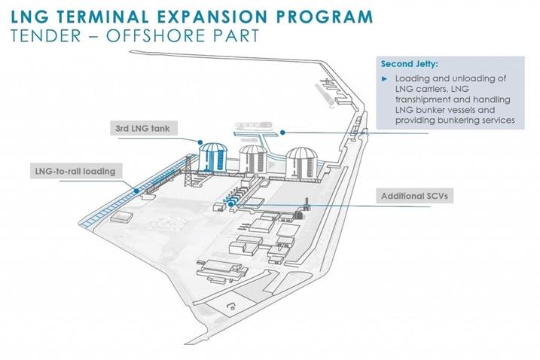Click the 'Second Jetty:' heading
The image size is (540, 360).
pos(407,63)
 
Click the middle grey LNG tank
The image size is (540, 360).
pos(253,160)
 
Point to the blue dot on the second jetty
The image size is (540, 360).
pos(282,133)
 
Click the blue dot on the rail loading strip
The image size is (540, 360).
pos(136,191)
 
